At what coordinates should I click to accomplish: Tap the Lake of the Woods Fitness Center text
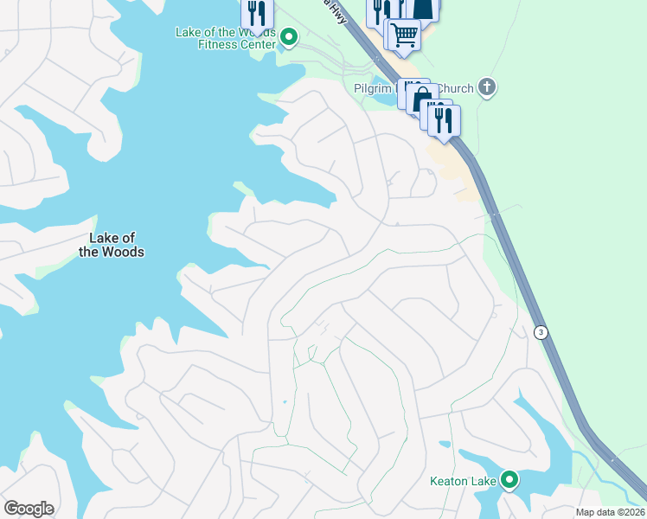click(226, 38)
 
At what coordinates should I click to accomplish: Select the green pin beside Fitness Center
click(290, 37)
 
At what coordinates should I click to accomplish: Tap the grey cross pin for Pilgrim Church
click(488, 86)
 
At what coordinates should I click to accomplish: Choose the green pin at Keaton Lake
click(510, 478)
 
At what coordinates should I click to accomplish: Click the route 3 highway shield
click(541, 332)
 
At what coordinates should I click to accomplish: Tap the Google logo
click(29, 509)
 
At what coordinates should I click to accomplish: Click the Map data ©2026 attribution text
click(610, 512)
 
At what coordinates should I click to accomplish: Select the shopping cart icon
click(404, 35)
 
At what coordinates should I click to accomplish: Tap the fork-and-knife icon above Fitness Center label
click(257, 13)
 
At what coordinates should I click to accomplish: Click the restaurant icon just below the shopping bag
click(444, 120)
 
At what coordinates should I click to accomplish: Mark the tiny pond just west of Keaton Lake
click(445, 445)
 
